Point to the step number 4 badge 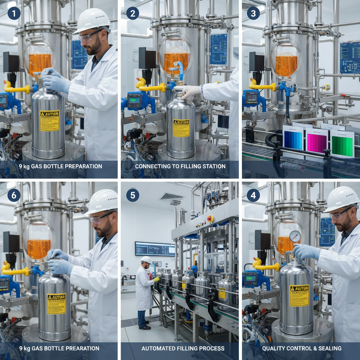(x=253, y=195)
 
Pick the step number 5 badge (x=133, y=195)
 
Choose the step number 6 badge (x=14, y=195)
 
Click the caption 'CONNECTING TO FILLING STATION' (x=180, y=166)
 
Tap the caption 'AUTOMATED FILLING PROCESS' (x=183, y=348)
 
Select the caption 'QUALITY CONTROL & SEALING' (x=302, y=348)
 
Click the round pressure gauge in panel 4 (x=295, y=237)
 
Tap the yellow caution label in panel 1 (x=50, y=121)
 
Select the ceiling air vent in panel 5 (x=171, y=197)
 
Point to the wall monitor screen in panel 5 (x=155, y=249)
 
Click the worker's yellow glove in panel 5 (x=156, y=279)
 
